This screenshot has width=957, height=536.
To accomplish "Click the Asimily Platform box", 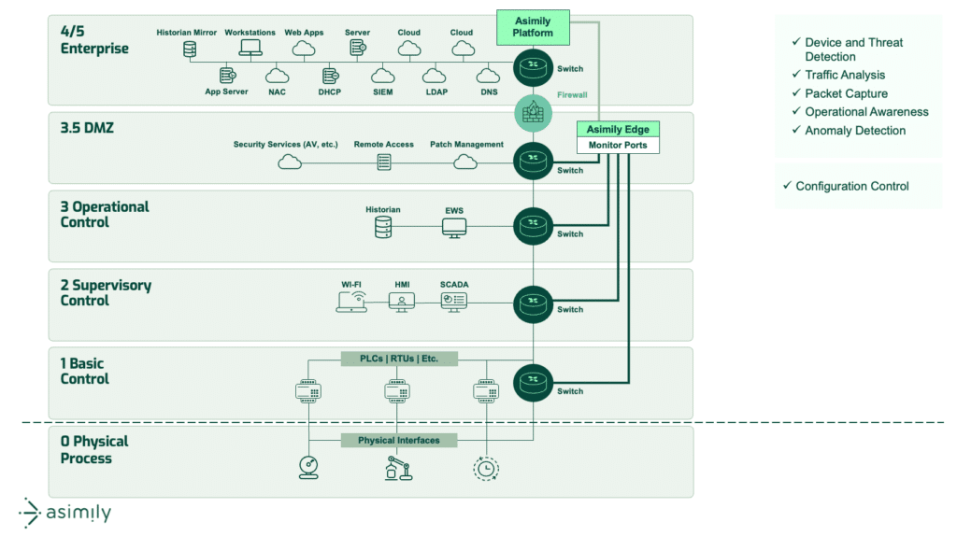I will pos(534,26).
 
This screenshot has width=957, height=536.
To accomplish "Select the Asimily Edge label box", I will pos(618,129).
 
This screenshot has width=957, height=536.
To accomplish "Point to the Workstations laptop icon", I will pos(250,49).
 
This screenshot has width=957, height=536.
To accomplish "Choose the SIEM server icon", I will pos(383,75).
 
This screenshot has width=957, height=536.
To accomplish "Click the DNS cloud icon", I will pos(488,75).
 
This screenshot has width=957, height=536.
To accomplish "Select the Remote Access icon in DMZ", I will pos(384,162).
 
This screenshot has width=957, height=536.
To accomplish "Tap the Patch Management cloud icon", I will pos(465,162).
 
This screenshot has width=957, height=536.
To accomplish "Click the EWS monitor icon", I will pos(454,227).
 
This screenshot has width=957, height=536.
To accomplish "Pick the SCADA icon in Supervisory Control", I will pos(454,301).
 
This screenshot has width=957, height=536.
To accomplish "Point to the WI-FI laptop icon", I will pos(351,301).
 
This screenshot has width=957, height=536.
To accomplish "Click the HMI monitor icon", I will pos(402,301).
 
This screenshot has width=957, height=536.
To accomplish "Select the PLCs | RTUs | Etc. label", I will pos(400,359).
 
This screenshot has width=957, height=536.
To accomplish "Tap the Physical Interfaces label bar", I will pos(400,440).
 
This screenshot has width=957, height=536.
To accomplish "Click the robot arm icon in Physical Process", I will pos(399,468).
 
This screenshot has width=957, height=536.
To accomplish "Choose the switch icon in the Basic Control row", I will pos(534,382).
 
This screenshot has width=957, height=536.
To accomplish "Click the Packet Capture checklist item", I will pos(846,93).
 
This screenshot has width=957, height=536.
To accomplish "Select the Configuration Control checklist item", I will pos(851,186).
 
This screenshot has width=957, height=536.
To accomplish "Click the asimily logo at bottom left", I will pos(65,513).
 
